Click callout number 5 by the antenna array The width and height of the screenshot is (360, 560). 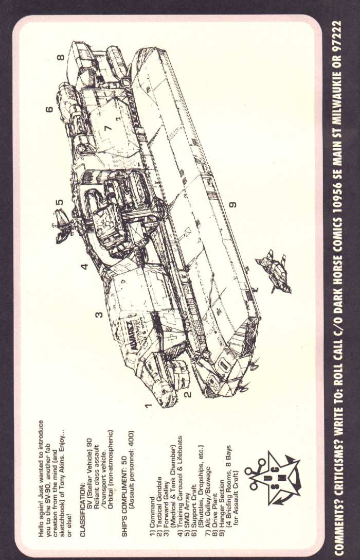(60, 202)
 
